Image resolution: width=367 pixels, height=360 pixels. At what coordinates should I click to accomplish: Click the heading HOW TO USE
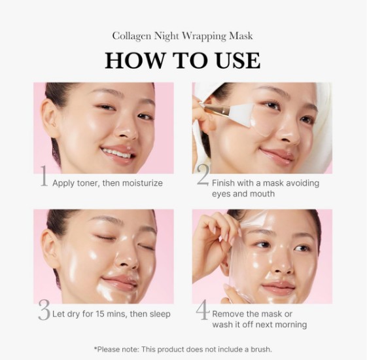(183, 60)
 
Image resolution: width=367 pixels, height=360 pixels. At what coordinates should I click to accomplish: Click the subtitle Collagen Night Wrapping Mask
(183, 36)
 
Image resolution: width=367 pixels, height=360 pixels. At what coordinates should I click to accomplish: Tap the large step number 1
(43, 177)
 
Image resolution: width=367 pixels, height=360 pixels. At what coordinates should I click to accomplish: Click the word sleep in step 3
(158, 314)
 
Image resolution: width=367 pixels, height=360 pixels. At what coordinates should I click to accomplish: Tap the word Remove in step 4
(230, 314)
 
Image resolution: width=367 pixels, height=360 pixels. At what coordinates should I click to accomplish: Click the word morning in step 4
(289, 325)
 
